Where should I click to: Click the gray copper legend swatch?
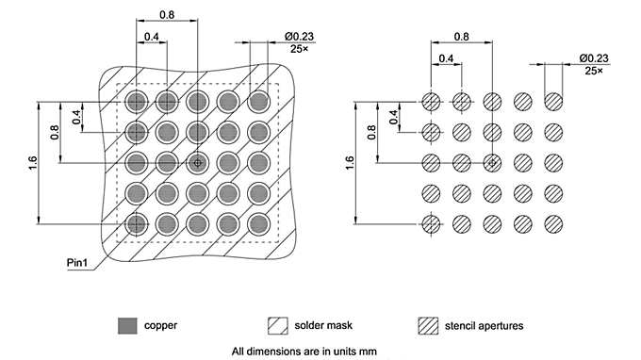coord(125,326)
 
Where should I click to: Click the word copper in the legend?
coord(160,326)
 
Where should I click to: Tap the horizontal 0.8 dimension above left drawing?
coord(167,15)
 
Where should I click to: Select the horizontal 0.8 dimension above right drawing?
coord(461,36)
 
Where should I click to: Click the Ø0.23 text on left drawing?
coord(299,36)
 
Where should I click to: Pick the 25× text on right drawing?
coord(593,70)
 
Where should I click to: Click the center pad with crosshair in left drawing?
coord(197,162)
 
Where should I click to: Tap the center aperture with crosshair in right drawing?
coord(491,162)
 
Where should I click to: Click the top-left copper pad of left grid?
coord(138,100)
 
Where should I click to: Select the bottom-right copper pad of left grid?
coord(257,223)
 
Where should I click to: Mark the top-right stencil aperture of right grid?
coord(551,101)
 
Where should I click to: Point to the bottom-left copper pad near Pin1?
coord(138,223)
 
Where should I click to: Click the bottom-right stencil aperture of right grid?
coord(551,223)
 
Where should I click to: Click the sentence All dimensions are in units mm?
coord(304,352)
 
